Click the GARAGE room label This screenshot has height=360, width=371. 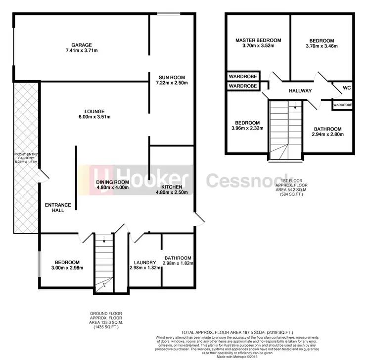(81, 45)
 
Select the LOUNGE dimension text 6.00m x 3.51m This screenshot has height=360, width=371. (94, 117)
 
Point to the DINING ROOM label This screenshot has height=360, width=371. (112, 182)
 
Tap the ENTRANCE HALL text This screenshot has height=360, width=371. (58, 208)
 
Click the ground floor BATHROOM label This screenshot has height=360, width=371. (178, 258)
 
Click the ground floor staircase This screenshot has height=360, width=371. (103, 262)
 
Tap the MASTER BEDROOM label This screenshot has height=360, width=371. (258, 40)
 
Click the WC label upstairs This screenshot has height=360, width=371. (347, 88)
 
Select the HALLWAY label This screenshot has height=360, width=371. (300, 91)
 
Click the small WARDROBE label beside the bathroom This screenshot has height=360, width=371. (342, 105)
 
